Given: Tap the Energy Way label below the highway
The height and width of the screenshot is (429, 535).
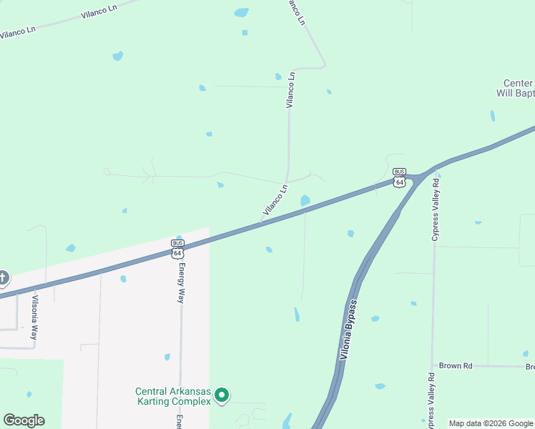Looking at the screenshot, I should point(182,283).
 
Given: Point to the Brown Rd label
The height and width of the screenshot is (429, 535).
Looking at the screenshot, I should point(456,365).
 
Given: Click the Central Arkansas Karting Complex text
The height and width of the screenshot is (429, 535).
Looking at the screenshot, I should point(174,395).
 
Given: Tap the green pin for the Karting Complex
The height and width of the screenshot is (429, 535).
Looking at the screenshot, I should point(222,394).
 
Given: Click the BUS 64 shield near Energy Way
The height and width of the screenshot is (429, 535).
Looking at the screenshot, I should point(177,248).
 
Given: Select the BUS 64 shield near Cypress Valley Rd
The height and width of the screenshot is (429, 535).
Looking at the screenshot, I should point(400,177).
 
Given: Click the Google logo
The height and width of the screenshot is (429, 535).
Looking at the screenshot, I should point(24,420).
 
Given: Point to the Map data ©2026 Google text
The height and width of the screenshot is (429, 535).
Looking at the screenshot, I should point(490,423).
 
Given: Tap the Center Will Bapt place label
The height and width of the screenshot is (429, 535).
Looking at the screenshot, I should point(516,88).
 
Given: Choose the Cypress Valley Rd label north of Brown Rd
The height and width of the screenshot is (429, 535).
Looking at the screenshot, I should point(434,205).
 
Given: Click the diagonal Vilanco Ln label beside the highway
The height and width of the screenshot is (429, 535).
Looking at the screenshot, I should point(275,200).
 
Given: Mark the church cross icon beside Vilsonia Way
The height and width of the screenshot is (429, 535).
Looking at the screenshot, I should point(3,277).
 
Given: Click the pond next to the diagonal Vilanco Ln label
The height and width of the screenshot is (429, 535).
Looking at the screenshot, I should point(305,200).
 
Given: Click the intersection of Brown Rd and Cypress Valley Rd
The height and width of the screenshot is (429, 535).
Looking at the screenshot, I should point(433,365).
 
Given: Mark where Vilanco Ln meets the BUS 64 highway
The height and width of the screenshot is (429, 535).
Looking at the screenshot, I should point(260,224).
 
